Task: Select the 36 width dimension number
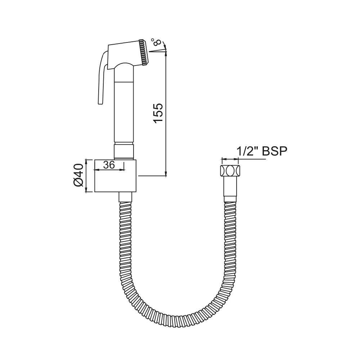point(109,165)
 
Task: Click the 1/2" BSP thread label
point(262,151)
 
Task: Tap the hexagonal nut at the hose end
point(230,171)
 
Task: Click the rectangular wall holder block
point(116,176)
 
